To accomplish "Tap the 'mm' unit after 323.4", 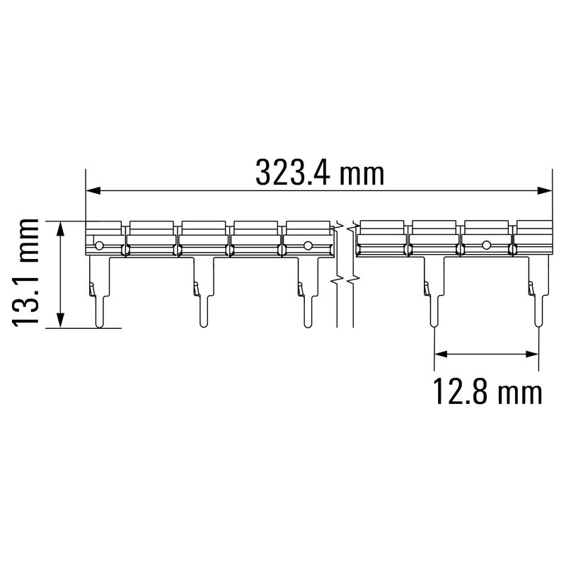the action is point(362,175).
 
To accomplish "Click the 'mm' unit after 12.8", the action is point(520,394).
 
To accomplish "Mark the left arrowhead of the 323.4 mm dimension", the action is point(93,191).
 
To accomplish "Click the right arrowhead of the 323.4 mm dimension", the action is point(545,191).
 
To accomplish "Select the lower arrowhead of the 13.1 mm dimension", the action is point(61,320).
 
